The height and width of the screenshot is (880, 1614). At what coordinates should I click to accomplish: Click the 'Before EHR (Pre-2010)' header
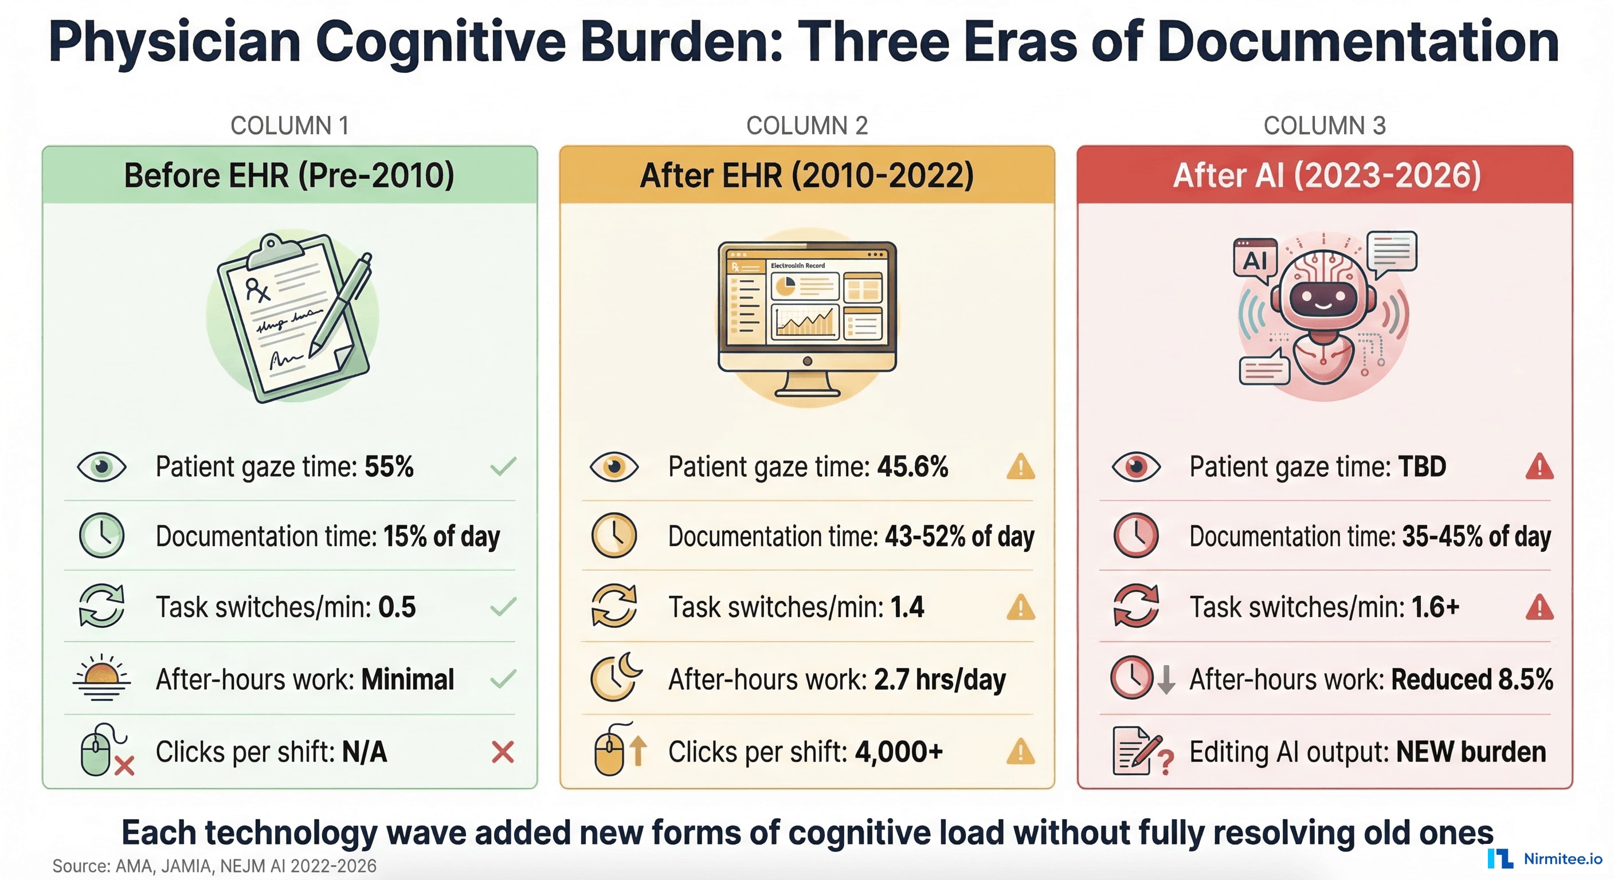click(x=289, y=175)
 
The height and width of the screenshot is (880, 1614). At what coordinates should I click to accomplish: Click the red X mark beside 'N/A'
click(x=503, y=752)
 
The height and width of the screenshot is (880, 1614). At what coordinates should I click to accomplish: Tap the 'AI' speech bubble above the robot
click(x=1255, y=259)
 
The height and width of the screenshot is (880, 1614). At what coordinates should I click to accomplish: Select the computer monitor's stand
click(x=807, y=384)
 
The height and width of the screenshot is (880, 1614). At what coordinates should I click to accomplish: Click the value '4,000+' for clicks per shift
click(x=899, y=752)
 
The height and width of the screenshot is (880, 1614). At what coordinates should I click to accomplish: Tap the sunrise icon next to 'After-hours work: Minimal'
click(x=101, y=678)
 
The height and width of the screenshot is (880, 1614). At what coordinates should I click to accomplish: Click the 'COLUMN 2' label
click(x=806, y=126)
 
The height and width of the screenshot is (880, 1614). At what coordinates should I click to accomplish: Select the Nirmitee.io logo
click(x=1545, y=859)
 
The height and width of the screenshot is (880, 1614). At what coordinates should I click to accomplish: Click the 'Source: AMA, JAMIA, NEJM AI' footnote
click(x=214, y=866)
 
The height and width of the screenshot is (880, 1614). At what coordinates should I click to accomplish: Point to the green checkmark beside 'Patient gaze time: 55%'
click(x=503, y=466)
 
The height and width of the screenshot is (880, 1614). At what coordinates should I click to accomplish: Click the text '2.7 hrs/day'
click(x=939, y=679)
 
